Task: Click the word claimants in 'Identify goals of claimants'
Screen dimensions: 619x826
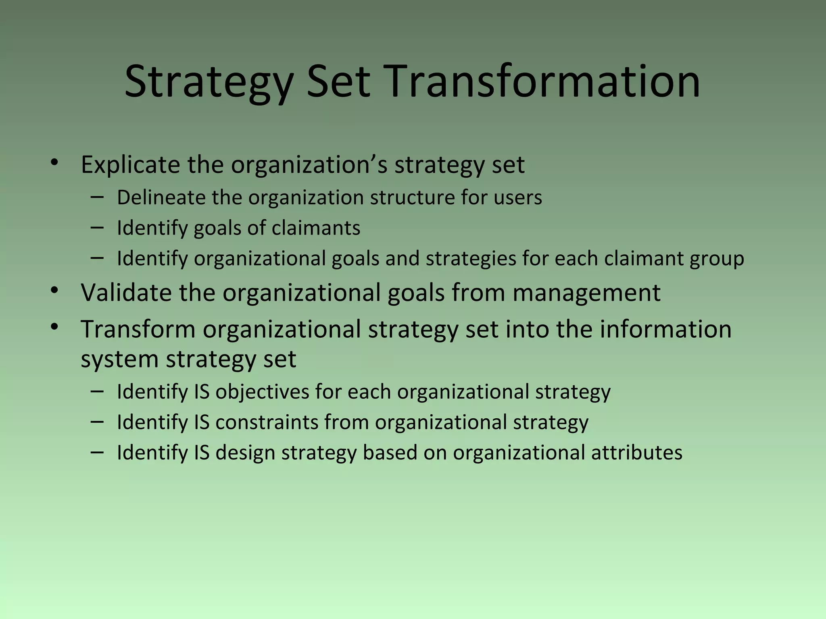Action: click(x=316, y=228)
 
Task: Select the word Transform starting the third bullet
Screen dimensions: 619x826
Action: click(x=138, y=329)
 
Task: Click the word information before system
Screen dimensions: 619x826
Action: click(x=665, y=329)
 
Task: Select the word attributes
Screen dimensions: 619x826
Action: click(x=637, y=453)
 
